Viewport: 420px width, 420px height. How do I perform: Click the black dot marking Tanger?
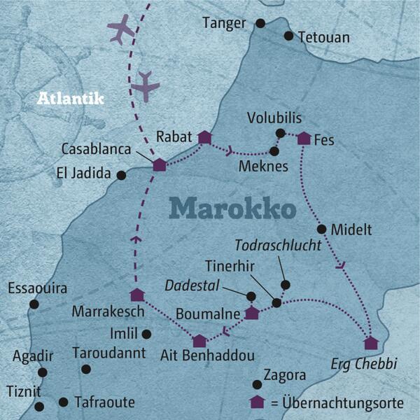[260, 23]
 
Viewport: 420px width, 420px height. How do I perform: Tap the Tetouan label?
[323, 36]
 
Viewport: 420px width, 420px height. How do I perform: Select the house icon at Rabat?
[204, 137]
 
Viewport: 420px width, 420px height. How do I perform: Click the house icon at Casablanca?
[160, 164]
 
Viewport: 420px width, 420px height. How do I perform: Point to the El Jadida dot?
[121, 175]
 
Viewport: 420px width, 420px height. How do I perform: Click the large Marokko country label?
[232, 208]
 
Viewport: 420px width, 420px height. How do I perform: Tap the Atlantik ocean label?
[70, 99]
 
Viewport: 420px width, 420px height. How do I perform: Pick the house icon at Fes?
[304, 139]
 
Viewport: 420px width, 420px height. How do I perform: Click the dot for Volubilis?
[280, 133]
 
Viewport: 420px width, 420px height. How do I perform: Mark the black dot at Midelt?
[321, 229]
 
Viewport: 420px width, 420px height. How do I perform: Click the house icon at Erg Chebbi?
[370, 343]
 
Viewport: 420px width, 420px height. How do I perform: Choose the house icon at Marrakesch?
[137, 295]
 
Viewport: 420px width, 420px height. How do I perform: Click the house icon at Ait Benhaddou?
[199, 341]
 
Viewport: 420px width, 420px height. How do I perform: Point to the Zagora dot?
[257, 384]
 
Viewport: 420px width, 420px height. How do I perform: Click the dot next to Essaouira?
[34, 304]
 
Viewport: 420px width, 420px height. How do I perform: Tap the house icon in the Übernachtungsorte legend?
[258, 402]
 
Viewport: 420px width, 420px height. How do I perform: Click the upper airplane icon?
[121, 30]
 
